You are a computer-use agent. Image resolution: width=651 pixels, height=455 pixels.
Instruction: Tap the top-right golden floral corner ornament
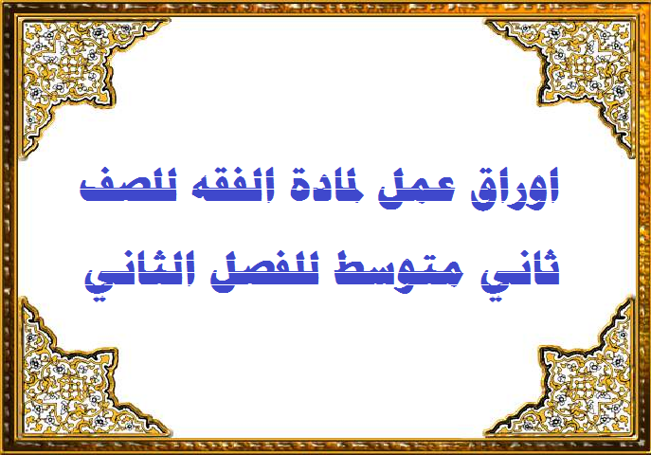coord(581,70)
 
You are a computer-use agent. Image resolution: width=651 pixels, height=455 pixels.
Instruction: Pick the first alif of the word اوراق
coord(553,186)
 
